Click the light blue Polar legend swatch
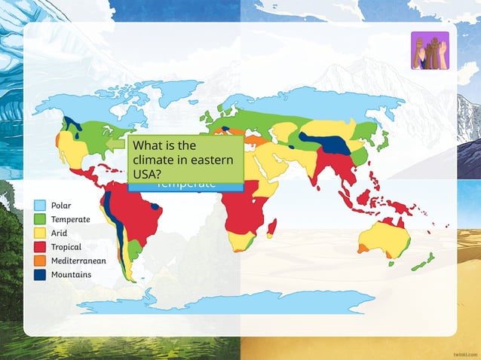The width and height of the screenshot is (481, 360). coord(40,205)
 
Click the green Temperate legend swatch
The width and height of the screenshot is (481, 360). coord(40,219)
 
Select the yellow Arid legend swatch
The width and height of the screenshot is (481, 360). coord(40,233)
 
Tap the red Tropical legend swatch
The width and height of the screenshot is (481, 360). coord(40,246)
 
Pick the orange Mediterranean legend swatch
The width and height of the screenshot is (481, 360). coord(40,261)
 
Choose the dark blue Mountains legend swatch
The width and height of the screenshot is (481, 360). coord(40,274)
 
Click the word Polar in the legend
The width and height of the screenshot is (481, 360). coord(61,205)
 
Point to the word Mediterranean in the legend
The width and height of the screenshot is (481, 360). coord(78,261)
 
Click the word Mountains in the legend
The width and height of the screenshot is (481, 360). coord(71,274)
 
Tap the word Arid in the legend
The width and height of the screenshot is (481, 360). coord(59,233)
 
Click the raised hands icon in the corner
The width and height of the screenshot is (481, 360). coord(430,50)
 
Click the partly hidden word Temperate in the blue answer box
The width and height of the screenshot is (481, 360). coord(185,185)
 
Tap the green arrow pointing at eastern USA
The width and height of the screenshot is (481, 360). coord(115,143)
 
